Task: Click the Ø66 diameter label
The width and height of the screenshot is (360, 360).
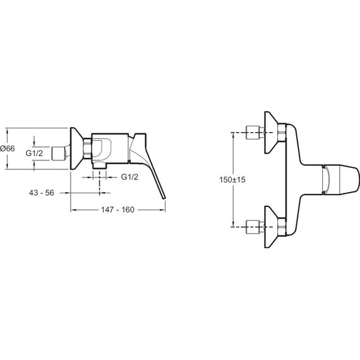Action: click(x=8, y=148)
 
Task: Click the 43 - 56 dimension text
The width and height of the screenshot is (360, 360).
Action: click(x=42, y=193)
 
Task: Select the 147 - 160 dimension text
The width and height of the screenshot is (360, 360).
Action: click(x=117, y=210)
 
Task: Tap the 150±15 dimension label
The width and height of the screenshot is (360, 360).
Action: click(x=232, y=179)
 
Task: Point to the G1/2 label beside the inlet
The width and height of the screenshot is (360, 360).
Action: click(x=34, y=153)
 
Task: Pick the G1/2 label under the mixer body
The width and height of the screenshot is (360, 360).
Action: click(x=129, y=177)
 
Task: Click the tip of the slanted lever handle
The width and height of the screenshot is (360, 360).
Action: click(x=164, y=198)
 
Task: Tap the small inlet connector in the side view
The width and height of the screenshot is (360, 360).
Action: click(x=59, y=153)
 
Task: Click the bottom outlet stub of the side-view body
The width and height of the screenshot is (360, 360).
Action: click(x=99, y=166)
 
